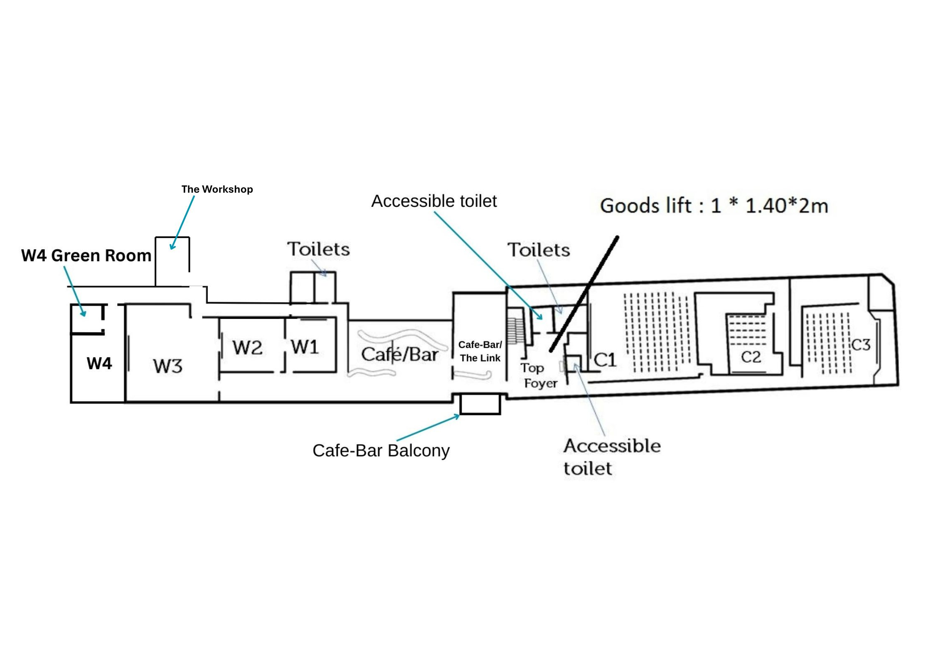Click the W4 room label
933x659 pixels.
tap(99, 363)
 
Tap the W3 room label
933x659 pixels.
tap(167, 366)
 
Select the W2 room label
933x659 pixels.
tap(247, 347)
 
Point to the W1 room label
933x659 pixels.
tap(305, 347)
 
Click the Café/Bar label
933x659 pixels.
tap(399, 355)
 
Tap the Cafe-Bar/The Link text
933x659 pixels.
tap(480, 351)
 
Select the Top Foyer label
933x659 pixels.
tap(539, 375)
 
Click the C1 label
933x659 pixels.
tap(605, 360)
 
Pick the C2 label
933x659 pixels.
tap(751, 357)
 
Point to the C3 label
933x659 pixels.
tap(860, 345)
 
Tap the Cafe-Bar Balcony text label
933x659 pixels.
tap(381, 451)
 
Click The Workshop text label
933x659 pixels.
tap(217, 189)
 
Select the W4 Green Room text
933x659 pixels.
tap(86, 255)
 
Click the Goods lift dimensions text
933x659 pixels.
tap(714, 206)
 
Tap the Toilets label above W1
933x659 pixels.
tap(318, 249)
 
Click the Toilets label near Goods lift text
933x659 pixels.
tap(539, 250)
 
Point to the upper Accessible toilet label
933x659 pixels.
tap(434, 201)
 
